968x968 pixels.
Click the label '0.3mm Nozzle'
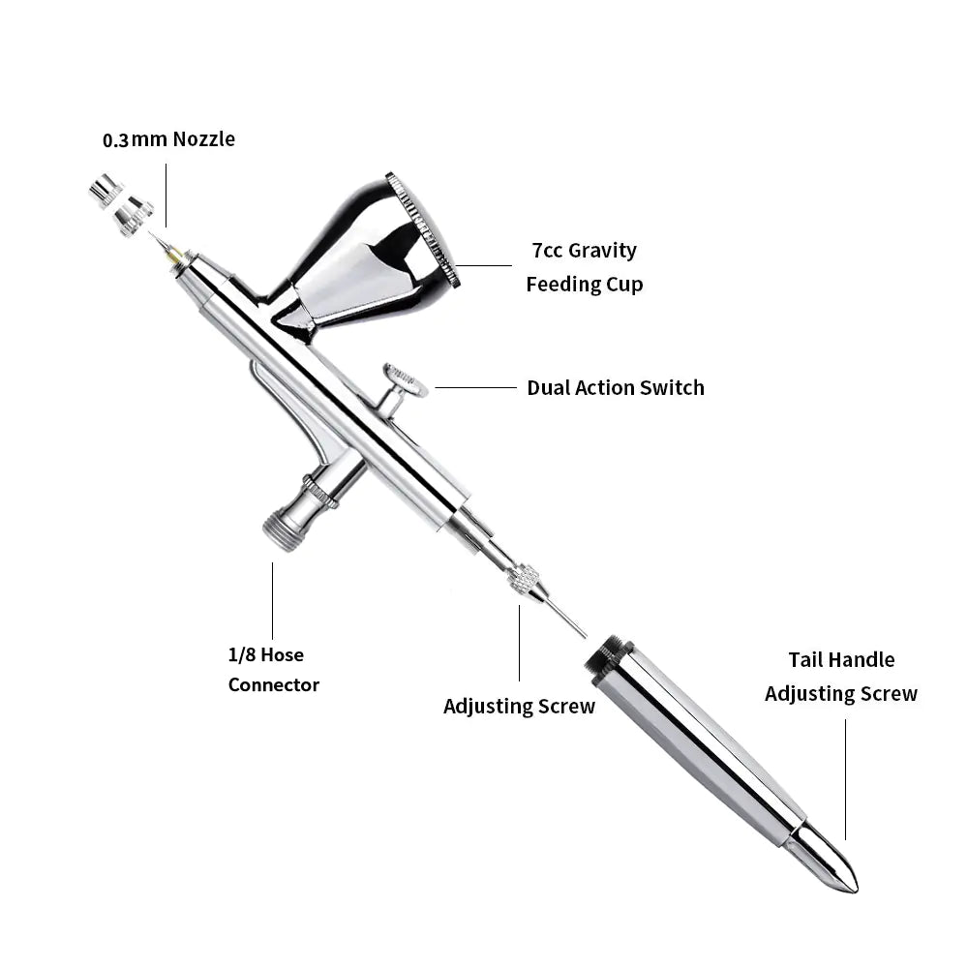point(168,139)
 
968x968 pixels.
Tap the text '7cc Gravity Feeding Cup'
point(584,267)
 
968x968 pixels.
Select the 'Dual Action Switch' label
point(616,388)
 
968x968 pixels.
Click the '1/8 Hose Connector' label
point(274,669)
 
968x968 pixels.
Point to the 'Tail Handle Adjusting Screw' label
point(841,677)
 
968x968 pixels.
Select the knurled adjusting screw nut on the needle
point(524,580)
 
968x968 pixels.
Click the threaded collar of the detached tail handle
point(608,659)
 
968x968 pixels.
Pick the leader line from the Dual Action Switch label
point(475,388)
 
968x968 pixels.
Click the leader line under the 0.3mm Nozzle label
point(166,196)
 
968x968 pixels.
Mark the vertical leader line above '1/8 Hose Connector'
point(272,601)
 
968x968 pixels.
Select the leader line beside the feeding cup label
point(484,266)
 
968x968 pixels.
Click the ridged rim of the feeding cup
point(424,229)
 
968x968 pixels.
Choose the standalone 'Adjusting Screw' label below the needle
point(519,707)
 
